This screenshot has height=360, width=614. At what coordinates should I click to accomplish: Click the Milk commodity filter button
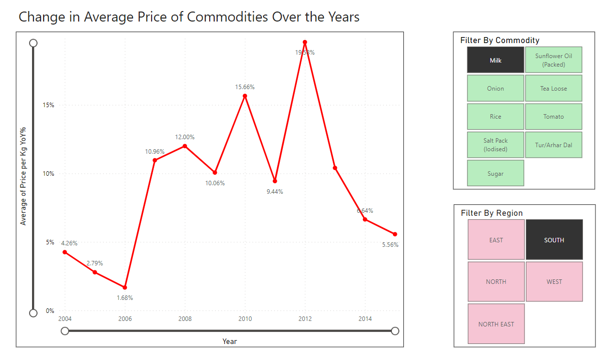(495, 60)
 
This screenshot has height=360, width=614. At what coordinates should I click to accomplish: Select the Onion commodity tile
(495, 89)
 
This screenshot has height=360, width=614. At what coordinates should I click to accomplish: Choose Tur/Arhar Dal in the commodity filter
(553, 145)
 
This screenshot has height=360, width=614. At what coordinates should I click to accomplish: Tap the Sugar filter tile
(495, 173)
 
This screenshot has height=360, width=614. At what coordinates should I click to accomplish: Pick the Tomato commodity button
(553, 117)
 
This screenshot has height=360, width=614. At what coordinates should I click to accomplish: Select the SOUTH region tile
(554, 240)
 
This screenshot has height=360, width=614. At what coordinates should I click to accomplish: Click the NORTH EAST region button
(496, 324)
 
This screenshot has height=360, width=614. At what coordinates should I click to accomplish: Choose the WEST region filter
(554, 282)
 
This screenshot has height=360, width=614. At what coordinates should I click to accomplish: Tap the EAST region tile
(496, 240)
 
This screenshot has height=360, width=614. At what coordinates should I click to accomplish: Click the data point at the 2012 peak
(305, 42)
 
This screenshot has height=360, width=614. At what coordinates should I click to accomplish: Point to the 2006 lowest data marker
(125, 287)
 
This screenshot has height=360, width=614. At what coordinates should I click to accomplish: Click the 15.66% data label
(245, 87)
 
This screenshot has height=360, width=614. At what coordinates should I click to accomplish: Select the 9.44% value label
(275, 192)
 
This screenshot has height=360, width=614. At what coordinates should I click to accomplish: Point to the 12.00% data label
(185, 137)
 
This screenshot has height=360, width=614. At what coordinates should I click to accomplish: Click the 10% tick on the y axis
(48, 174)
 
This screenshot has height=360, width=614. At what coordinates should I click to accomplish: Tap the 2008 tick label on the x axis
(185, 319)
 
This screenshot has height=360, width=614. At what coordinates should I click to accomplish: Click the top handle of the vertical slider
(34, 43)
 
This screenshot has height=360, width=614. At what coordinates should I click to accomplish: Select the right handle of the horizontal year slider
(395, 330)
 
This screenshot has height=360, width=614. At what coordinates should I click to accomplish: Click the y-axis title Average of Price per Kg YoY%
(23, 176)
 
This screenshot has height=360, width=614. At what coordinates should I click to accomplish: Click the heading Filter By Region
(491, 213)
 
